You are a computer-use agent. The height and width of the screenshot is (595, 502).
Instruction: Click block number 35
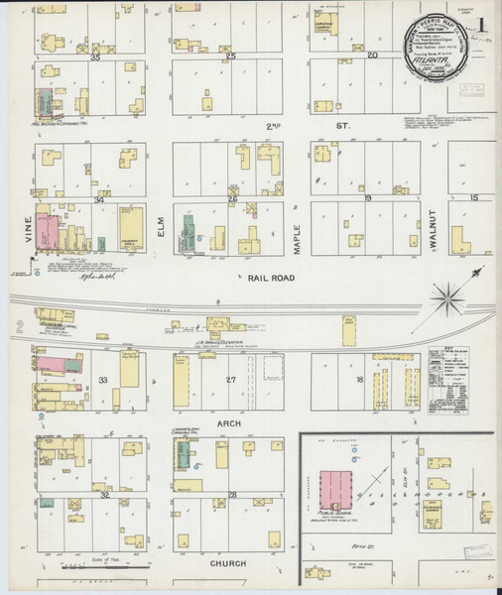coord(96,59)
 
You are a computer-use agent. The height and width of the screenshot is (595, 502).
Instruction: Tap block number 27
coord(231,380)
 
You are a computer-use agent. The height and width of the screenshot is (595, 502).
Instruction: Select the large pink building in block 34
coord(47,229)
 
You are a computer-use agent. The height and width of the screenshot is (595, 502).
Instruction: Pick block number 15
coord(474,198)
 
